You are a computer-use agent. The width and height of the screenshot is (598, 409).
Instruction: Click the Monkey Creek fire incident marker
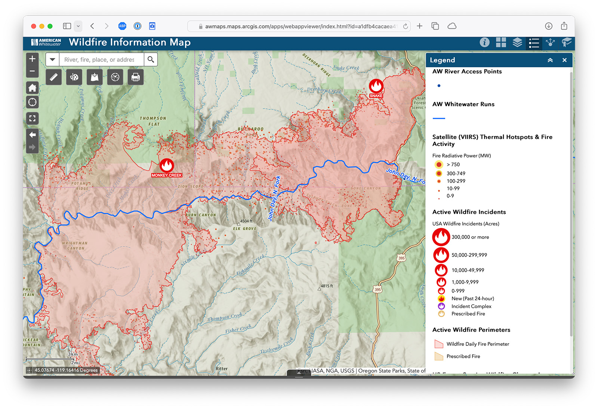point(167,165)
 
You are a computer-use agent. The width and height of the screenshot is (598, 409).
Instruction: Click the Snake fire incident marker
point(376,86)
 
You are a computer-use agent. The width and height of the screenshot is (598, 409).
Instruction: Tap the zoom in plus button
point(33,59)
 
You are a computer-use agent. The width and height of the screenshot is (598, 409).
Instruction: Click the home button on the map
point(33,88)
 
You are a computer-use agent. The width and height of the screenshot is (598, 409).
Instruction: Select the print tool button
point(135,77)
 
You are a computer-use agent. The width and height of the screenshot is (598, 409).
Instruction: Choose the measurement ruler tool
point(54,77)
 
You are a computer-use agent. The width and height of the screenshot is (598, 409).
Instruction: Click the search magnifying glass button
point(151,59)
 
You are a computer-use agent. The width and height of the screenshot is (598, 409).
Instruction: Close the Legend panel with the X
point(564,60)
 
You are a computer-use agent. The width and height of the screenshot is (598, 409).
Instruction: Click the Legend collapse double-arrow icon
point(550,60)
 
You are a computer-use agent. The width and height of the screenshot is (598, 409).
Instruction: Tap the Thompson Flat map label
point(153,121)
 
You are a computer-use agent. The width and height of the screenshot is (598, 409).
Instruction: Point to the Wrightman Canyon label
point(75,246)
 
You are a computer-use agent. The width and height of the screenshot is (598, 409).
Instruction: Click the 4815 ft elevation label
point(327,286)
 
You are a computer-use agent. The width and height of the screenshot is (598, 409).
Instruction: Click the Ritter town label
point(222,369)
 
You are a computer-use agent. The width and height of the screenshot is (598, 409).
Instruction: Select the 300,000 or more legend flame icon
point(441,237)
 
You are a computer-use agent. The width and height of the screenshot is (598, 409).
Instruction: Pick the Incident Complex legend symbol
point(441,306)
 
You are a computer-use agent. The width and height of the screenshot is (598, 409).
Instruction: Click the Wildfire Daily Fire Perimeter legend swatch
point(439,344)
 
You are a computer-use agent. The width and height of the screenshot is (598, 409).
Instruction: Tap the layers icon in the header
point(517,42)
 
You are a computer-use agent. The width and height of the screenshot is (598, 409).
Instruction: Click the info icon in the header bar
point(484,42)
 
